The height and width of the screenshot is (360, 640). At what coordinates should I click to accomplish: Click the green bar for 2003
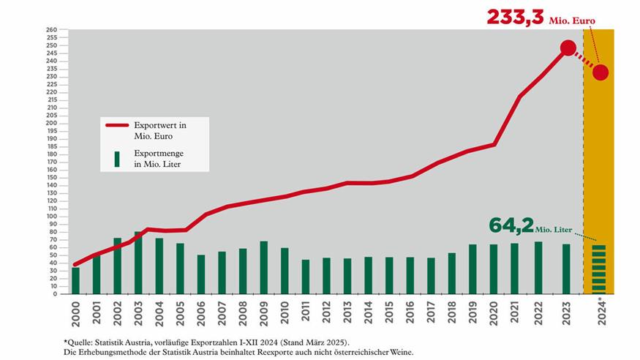pos(138,263)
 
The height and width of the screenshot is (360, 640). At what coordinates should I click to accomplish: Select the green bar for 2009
pos(263,267)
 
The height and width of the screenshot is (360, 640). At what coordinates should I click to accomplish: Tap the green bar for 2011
pos(305,277)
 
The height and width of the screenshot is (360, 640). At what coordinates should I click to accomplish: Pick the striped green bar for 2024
pos(599,269)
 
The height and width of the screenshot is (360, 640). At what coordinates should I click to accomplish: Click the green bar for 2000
pos(75,281)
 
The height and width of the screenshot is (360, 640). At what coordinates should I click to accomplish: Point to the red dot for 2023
pos(568,48)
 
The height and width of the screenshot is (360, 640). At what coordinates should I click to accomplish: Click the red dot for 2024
pos(601,72)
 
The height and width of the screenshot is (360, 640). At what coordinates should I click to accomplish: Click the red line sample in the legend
pos(117,125)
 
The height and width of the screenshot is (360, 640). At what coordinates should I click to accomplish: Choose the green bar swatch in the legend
pos(117,160)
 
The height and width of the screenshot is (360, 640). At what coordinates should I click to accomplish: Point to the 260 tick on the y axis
pos(51,30)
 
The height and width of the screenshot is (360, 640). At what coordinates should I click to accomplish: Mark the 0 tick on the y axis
pos(55,294)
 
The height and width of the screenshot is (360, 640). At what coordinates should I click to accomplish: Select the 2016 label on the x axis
pos(410,312)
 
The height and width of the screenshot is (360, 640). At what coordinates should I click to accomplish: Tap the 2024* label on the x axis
pos(602,311)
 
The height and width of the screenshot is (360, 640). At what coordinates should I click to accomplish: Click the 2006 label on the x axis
pos(201,313)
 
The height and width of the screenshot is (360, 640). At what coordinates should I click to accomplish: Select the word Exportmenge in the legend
pos(159,154)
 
